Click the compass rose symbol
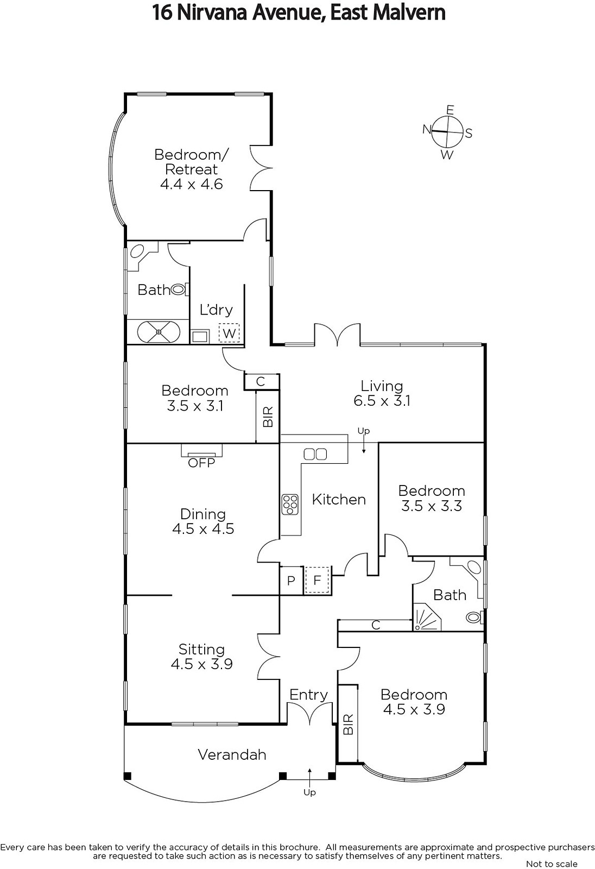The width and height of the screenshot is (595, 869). click(x=448, y=132)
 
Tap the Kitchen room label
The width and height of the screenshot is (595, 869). click(x=339, y=499)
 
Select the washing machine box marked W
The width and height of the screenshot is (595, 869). click(x=229, y=332)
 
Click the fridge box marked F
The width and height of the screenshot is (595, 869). click(x=317, y=580)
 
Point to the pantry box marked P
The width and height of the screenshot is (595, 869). click(x=291, y=581)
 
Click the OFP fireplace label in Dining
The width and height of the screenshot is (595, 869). click(x=201, y=463)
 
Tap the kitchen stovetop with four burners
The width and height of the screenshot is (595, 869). click(x=290, y=504)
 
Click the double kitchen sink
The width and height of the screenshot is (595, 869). click(x=315, y=454)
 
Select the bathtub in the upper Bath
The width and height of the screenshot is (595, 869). click(x=158, y=331)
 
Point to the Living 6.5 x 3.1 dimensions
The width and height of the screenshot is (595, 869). click(x=382, y=401)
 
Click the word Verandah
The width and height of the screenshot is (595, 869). click(x=232, y=754)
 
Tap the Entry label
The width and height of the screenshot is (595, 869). click(x=308, y=695)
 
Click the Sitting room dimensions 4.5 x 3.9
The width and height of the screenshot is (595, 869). click(x=201, y=664)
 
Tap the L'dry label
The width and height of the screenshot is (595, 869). click(x=216, y=310)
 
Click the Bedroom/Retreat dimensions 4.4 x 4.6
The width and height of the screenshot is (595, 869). click(x=191, y=184)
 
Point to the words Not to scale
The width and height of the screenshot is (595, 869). click(x=552, y=864)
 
